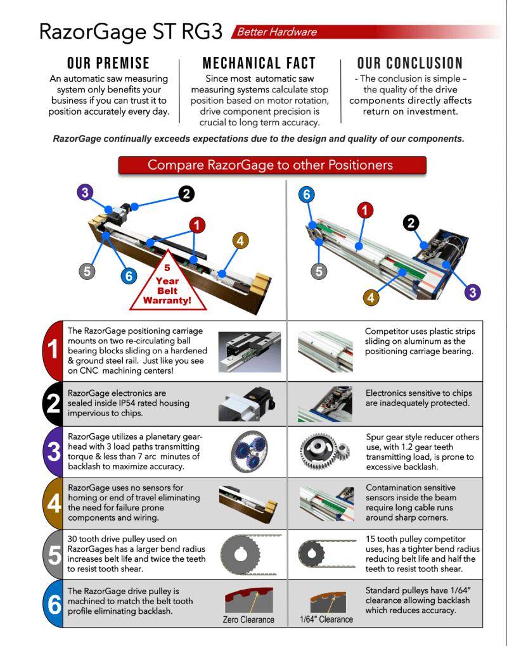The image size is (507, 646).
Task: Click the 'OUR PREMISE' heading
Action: [x=108, y=63]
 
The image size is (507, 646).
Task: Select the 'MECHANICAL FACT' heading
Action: [x=259, y=63]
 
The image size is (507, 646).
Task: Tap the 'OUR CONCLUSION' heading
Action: [x=409, y=63]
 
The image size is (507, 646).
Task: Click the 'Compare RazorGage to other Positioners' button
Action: [x=271, y=165]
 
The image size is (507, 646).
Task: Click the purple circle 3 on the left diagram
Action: [x=85, y=192]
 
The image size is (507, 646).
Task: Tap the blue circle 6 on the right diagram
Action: [x=307, y=194]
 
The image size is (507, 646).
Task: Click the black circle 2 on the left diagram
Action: [x=186, y=194]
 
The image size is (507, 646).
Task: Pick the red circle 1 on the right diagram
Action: [x=365, y=210]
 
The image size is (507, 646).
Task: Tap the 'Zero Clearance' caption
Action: [x=248, y=619]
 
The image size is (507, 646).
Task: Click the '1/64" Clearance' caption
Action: [x=326, y=619]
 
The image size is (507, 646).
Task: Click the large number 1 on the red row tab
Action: [x=53, y=349]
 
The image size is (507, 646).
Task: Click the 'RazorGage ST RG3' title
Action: [x=131, y=32]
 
